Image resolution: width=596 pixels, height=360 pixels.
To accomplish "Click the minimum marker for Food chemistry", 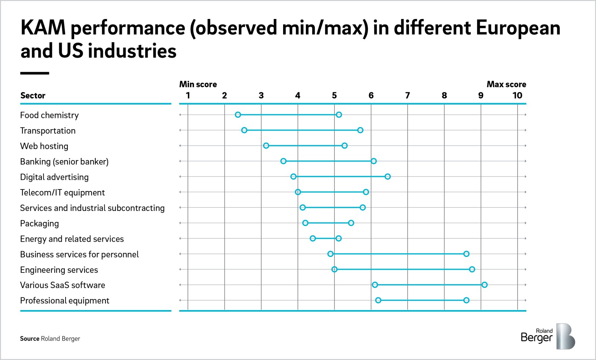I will click(x=238, y=115).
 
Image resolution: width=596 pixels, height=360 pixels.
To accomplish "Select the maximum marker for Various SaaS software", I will click(x=484, y=285).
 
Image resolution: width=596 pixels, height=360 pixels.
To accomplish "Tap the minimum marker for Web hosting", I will click(x=266, y=146).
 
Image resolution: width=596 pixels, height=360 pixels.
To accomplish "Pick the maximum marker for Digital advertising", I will click(x=388, y=176).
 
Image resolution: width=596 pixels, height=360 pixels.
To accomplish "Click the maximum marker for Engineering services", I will click(x=472, y=269).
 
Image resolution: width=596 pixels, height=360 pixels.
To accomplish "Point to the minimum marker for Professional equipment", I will click(x=378, y=300).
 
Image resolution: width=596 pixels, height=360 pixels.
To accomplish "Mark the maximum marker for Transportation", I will click(x=360, y=130).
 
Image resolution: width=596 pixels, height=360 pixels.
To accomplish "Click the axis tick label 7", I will click(x=408, y=96).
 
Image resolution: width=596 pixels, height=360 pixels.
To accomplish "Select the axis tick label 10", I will click(x=517, y=96).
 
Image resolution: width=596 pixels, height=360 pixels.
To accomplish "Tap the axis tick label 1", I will click(x=188, y=96).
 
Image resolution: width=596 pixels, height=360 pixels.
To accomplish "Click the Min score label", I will click(x=198, y=84).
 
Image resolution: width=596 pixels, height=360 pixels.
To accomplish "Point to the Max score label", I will click(x=506, y=84).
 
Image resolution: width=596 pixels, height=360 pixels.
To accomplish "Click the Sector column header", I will click(x=33, y=96).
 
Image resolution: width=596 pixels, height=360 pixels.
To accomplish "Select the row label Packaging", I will click(x=39, y=223).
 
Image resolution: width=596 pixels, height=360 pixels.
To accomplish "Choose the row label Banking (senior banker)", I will click(x=64, y=162).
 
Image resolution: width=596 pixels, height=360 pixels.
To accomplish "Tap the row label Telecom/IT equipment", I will click(x=62, y=192).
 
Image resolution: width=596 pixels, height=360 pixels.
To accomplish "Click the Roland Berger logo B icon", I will click(x=565, y=336).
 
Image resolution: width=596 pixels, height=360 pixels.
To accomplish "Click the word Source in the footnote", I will click(x=29, y=339).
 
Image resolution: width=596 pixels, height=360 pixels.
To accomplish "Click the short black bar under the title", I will click(x=34, y=73).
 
